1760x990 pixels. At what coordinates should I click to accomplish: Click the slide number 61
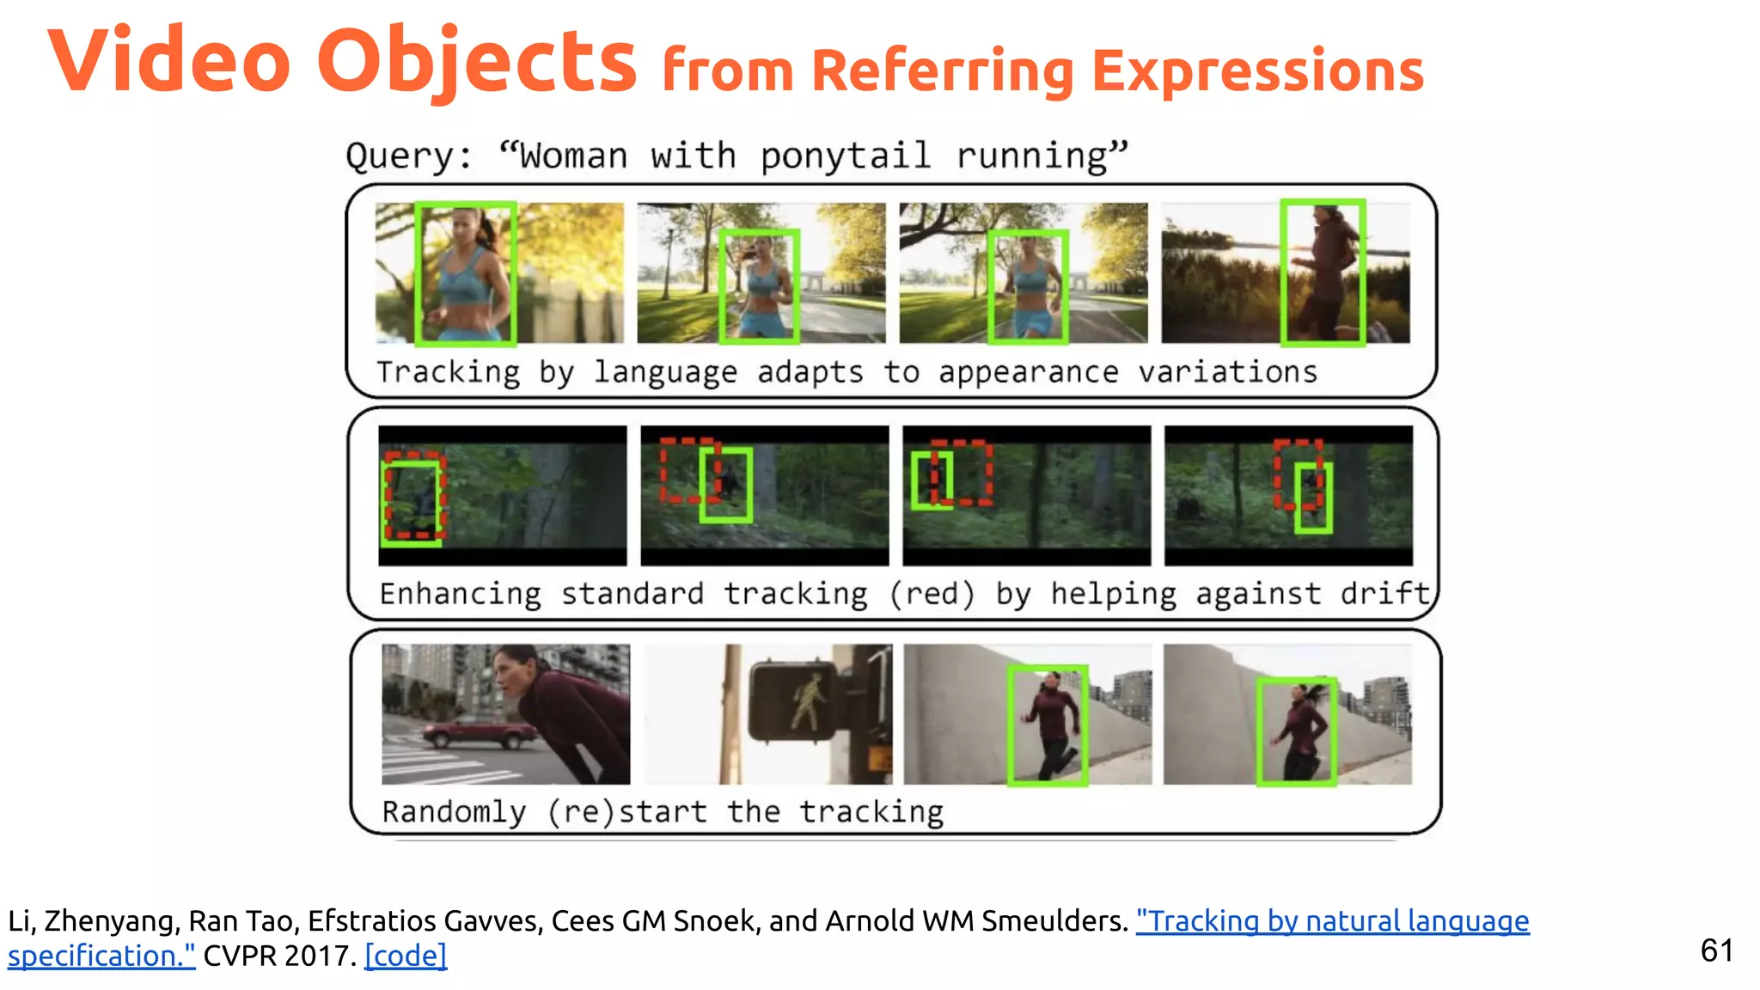click(x=1716, y=950)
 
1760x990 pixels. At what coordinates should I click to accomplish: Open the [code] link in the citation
click(x=406, y=956)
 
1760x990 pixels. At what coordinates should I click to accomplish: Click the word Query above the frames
click(x=407, y=156)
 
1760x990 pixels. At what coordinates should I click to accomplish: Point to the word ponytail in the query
click(x=845, y=156)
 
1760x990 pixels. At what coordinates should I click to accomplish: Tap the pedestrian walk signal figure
click(x=807, y=701)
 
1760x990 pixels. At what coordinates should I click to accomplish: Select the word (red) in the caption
click(x=932, y=594)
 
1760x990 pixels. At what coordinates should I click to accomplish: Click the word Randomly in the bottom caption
click(x=454, y=811)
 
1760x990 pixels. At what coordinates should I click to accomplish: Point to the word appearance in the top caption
click(x=1028, y=372)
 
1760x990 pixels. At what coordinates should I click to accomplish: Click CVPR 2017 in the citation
click(x=279, y=956)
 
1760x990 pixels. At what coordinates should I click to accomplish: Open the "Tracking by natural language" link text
click(x=1332, y=921)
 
